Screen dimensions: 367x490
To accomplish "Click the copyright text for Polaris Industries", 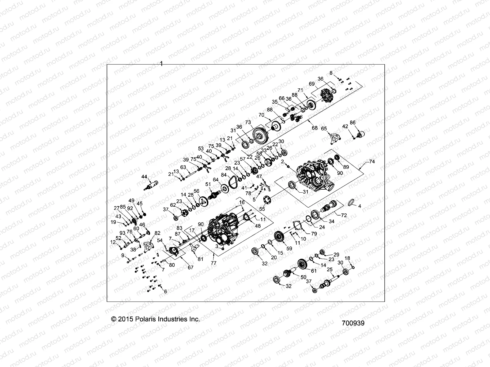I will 156,319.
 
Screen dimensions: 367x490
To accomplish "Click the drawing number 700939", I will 353,323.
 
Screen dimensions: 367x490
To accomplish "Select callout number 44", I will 144,177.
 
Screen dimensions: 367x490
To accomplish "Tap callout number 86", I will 353,123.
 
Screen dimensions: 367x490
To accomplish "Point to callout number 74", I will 372,161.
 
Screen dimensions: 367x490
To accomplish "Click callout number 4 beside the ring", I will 360,206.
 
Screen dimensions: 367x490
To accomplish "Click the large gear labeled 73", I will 262,135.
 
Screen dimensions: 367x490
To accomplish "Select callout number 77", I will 213,262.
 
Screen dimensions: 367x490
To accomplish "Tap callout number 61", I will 314,271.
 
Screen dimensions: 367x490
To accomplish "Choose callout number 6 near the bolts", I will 165,292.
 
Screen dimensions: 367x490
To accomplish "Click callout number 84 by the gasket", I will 224,175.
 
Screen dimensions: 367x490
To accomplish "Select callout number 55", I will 262,209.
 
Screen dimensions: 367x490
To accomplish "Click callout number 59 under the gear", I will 289,249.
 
